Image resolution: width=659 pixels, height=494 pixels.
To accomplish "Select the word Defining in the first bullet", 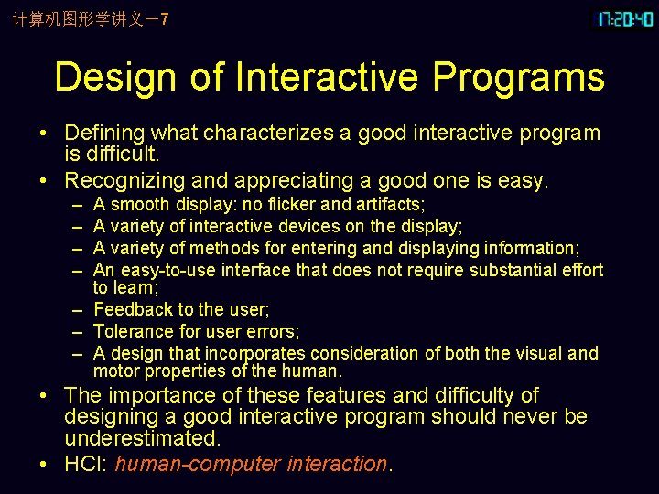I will pyautogui.click(x=103, y=134).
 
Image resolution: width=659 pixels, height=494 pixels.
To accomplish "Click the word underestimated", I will pyautogui.click(x=142, y=438).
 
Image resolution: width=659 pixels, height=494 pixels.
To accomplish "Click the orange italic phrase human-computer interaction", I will pyautogui.click(x=252, y=464).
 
